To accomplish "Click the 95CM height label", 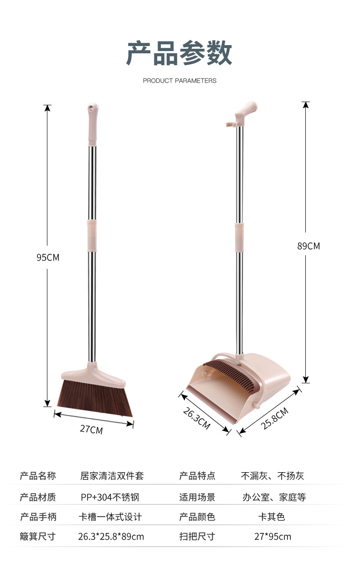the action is (48, 257).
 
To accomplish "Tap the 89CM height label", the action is (309, 246).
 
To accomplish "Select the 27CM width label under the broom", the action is (91, 429).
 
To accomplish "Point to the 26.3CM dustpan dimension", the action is (196, 418).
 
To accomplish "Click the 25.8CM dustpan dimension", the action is (274, 418).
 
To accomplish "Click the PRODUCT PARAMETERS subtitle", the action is (180, 81).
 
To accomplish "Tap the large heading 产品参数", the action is (179, 53).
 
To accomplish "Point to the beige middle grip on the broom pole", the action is (92, 235).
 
